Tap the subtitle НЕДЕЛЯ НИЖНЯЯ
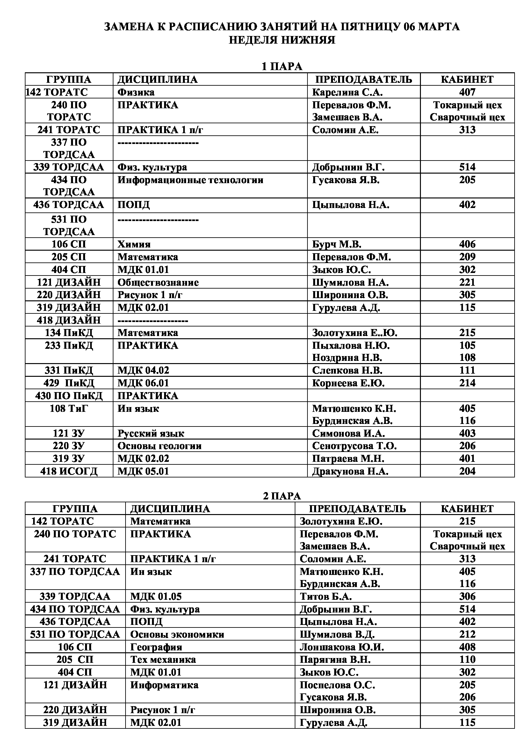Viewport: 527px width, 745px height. (x=282, y=40)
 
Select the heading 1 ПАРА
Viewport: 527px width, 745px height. (x=282, y=67)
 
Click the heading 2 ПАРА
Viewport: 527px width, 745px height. (x=282, y=496)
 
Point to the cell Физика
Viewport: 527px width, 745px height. (x=136, y=92)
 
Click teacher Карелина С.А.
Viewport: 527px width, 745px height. (x=347, y=92)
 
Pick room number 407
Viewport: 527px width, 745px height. (x=467, y=92)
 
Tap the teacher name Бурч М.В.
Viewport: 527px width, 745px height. (x=336, y=244)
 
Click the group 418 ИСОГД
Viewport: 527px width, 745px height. (x=69, y=471)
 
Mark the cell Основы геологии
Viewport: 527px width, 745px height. (x=159, y=446)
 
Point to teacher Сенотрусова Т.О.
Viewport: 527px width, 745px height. (x=354, y=446)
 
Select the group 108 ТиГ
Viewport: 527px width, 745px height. (x=69, y=408)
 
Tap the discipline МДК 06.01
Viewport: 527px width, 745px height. (x=143, y=383)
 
